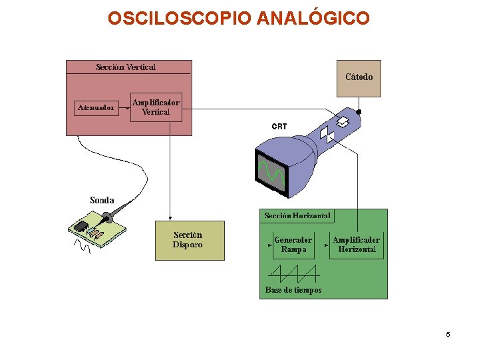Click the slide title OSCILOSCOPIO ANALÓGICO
[238, 17]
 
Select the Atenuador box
[95, 107]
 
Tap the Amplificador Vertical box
[156, 107]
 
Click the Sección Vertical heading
[126, 67]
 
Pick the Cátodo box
[359, 77]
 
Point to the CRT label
[279, 126]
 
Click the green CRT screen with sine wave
[271, 171]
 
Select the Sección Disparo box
[189, 240]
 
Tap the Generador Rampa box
[293, 245]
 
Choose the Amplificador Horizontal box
[356, 245]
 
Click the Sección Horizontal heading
[297, 216]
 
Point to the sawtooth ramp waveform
[293, 272]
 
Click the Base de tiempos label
[293, 290]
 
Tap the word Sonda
[102, 200]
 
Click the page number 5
[448, 334]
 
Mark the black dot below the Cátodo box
[359, 111]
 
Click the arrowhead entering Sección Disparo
[170, 218]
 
